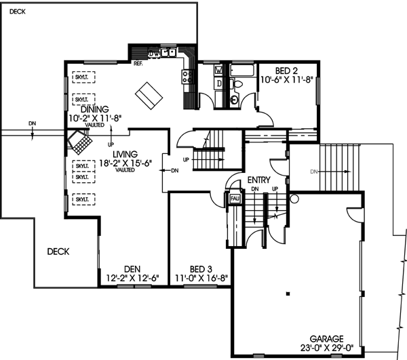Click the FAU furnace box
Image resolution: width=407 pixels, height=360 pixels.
click(235, 198)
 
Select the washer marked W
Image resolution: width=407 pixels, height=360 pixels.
click(218, 70)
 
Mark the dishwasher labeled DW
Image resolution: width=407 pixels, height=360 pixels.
click(154, 52)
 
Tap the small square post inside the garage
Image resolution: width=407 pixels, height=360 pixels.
click(288, 294)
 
